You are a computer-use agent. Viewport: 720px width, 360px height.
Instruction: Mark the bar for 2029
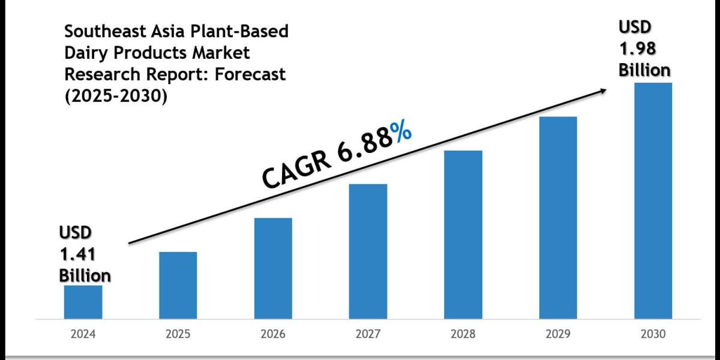[x=558, y=217]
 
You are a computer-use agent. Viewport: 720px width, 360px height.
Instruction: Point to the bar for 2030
[x=653, y=200]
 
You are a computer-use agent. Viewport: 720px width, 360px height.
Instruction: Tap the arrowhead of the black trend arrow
[x=601, y=91]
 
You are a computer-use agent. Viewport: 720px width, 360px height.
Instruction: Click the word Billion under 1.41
[x=85, y=275]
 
